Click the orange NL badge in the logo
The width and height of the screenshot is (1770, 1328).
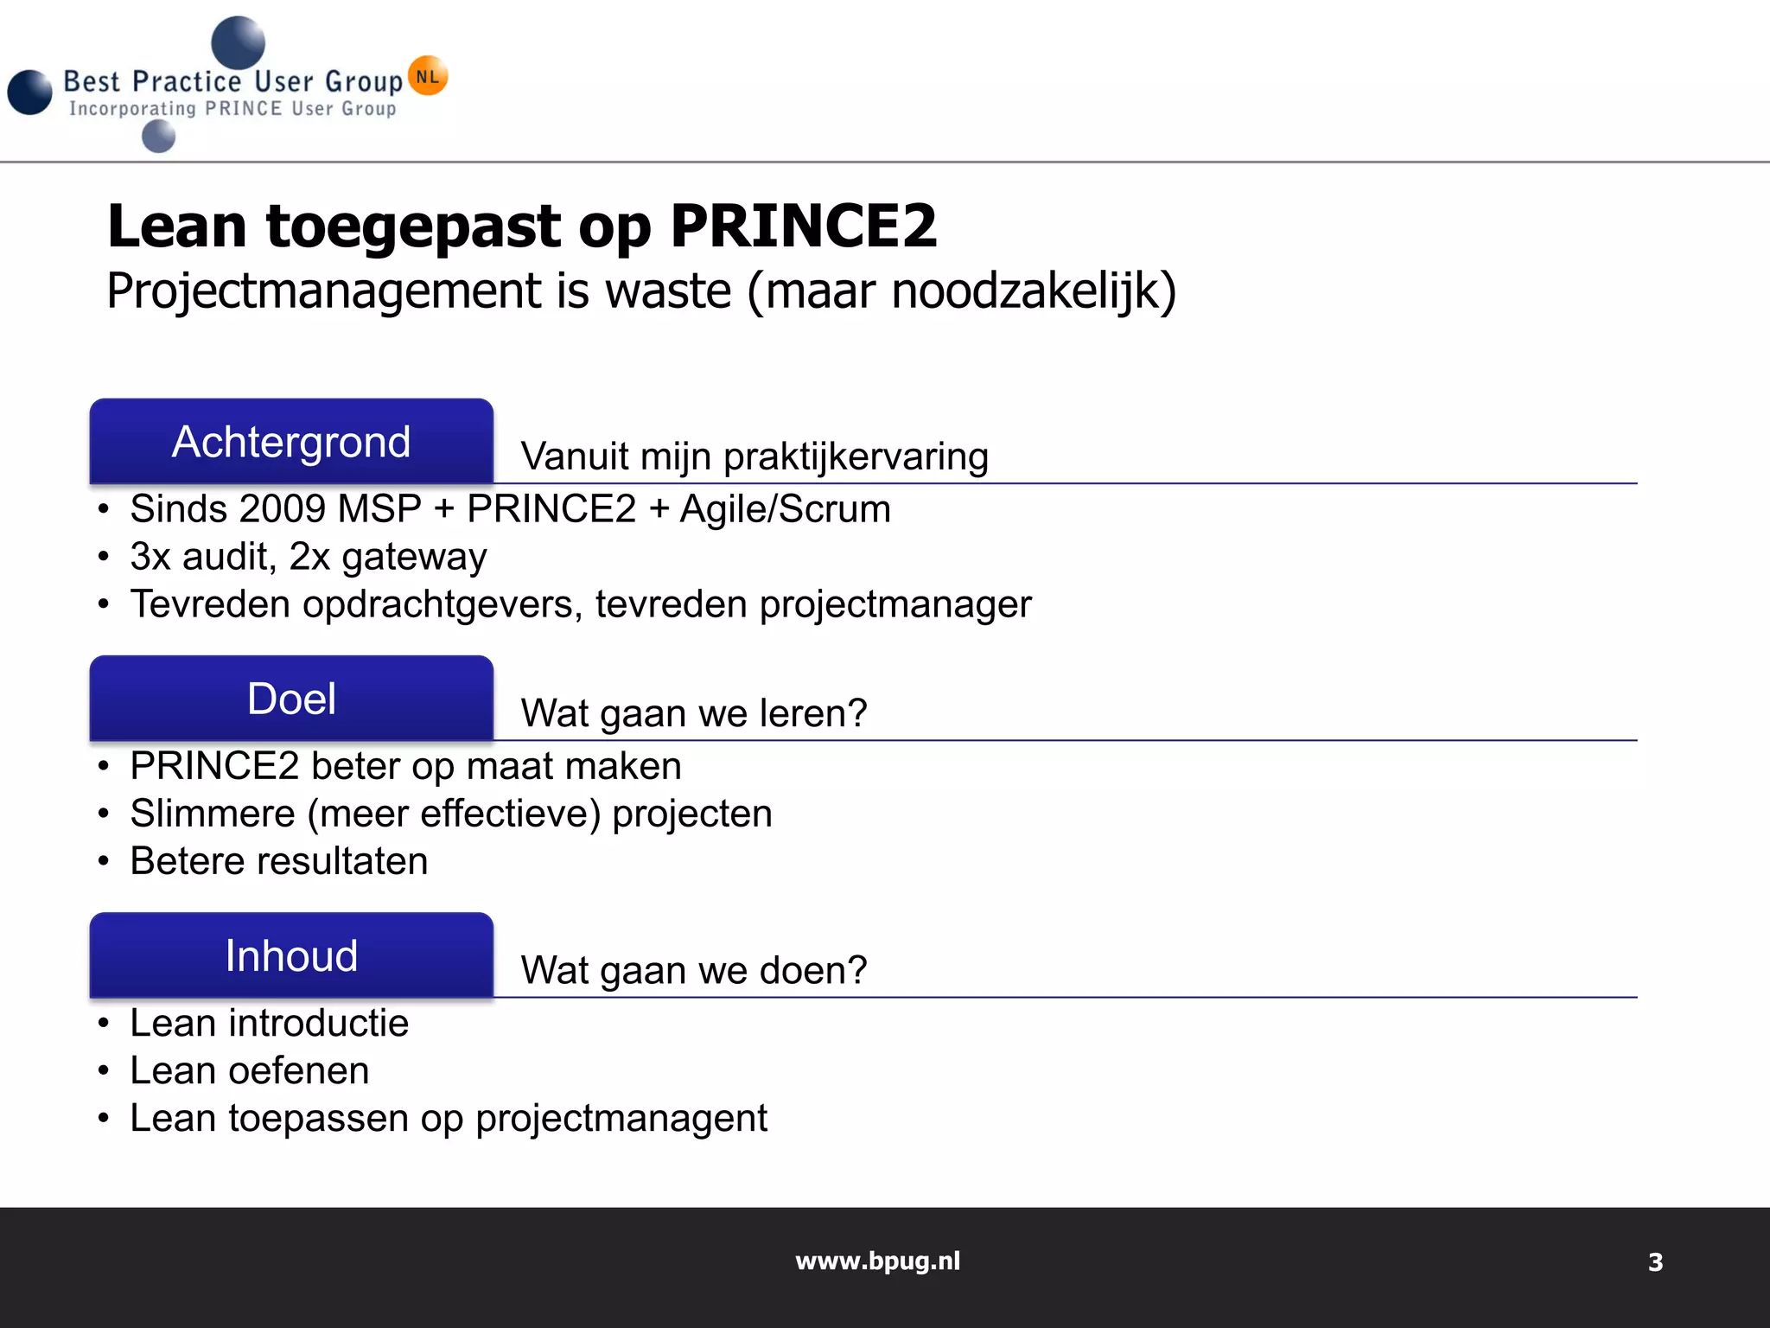[x=428, y=76]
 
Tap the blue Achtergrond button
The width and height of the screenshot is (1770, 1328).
[x=291, y=442]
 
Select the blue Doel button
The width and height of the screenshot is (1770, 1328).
[x=291, y=699]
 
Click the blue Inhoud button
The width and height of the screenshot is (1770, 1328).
[x=291, y=955]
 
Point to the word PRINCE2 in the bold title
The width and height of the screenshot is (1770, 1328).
[x=803, y=227]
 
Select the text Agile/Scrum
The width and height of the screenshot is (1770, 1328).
[x=785, y=509]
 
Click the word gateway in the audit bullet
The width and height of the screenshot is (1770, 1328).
[x=414, y=558]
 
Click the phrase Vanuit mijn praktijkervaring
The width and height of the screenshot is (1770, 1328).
[x=754, y=456]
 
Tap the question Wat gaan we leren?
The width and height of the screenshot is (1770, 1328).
[x=693, y=714]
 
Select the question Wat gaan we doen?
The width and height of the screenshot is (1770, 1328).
[x=693, y=971]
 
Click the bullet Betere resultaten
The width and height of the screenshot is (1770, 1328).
[x=278, y=861]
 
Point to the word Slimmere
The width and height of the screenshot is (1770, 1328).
[x=213, y=814]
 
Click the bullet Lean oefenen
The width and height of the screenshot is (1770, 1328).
[x=249, y=1071]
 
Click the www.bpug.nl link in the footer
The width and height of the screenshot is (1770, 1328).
[x=877, y=1261]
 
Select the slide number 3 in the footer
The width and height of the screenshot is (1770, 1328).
[x=1655, y=1263]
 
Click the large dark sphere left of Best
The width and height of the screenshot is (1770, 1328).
[x=30, y=93]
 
